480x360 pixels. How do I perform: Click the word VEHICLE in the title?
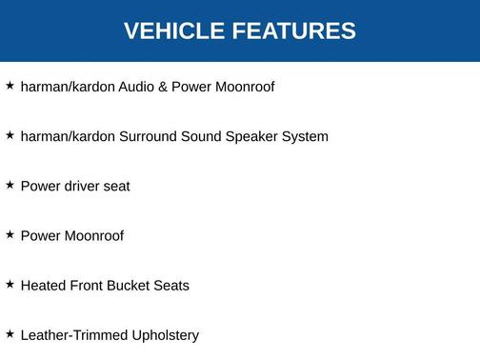coord(170,30)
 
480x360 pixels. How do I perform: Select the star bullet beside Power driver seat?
coord(10,185)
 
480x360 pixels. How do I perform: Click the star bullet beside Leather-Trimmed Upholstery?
coord(10,333)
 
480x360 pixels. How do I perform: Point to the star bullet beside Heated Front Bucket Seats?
coord(10,284)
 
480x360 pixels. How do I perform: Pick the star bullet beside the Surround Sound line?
coord(10,135)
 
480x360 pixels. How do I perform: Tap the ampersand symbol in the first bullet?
coord(163,87)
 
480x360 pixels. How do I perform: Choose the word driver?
coord(82,186)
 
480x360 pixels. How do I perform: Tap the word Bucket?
coord(135,285)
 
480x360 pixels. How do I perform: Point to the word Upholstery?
coord(166,335)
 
